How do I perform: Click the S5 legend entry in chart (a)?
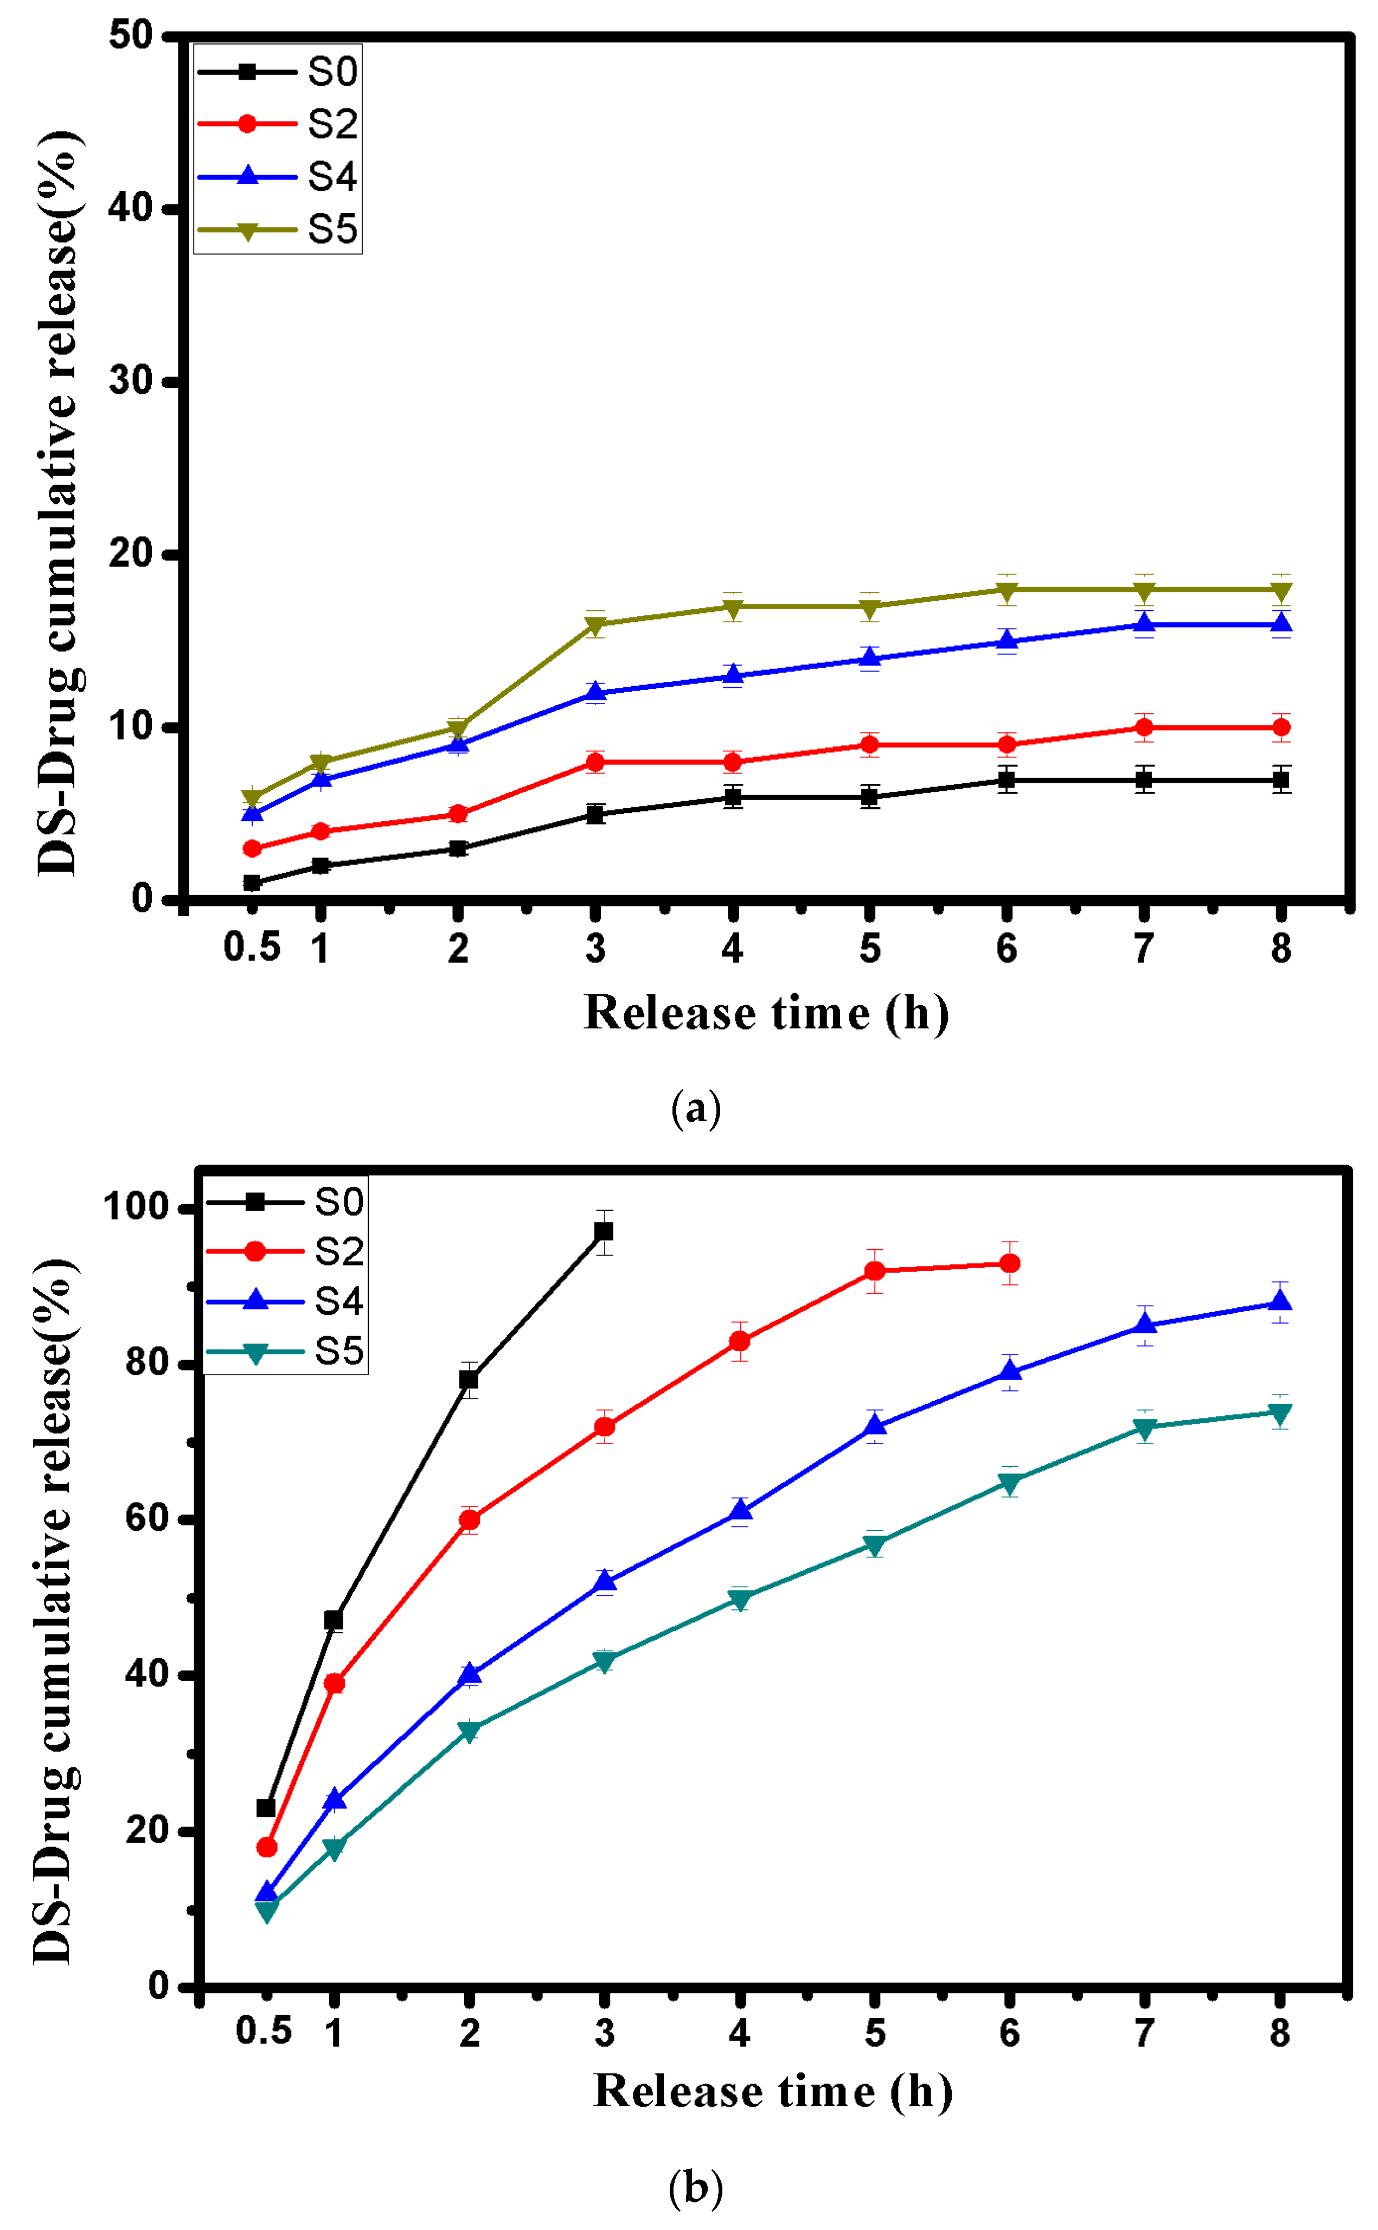point(332,229)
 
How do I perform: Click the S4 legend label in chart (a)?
point(332,176)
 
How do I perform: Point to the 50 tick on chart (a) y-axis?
point(130,36)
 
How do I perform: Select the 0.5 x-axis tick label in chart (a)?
point(252,948)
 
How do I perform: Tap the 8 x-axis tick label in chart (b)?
point(1280,2032)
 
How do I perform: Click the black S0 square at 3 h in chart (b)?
point(604,1231)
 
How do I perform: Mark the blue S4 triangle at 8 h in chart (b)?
point(1280,1301)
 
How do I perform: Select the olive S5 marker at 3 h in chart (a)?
point(595,625)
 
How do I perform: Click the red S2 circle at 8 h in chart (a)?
point(1280,727)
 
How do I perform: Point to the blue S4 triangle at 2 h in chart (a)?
point(458,744)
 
